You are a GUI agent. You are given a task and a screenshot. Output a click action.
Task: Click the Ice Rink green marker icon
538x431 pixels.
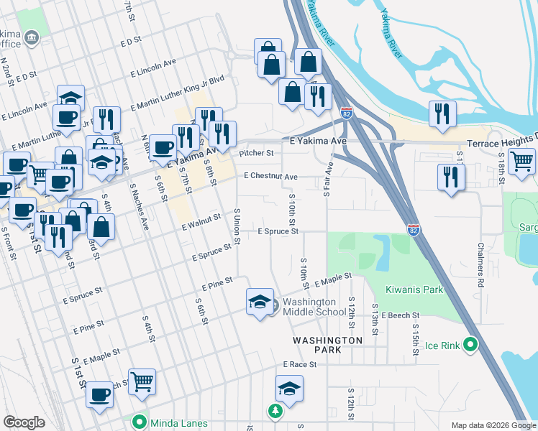click(x=470, y=345)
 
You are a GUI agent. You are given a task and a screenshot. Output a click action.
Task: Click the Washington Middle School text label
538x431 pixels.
click(x=314, y=307)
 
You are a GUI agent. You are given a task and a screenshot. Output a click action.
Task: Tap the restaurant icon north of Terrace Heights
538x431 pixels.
click(x=442, y=113)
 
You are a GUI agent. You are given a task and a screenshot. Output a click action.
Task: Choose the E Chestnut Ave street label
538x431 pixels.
click(x=270, y=176)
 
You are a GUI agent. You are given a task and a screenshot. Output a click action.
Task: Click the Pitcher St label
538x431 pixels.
click(x=257, y=153)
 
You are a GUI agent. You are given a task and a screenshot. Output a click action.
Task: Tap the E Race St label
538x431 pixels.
click(x=300, y=365)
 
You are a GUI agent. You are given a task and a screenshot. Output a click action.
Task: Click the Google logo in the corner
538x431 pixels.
click(x=24, y=422)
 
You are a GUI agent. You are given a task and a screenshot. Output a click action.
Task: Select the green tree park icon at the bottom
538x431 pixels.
click(x=273, y=411)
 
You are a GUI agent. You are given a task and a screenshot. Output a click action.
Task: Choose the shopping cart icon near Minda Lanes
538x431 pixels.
click(x=142, y=381)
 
